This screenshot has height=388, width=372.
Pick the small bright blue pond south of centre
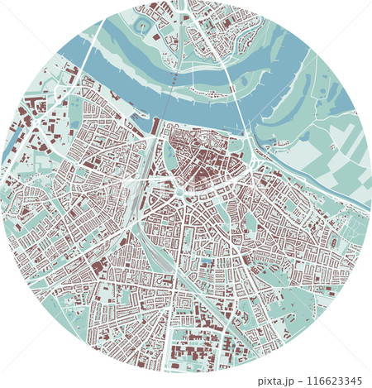205,263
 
